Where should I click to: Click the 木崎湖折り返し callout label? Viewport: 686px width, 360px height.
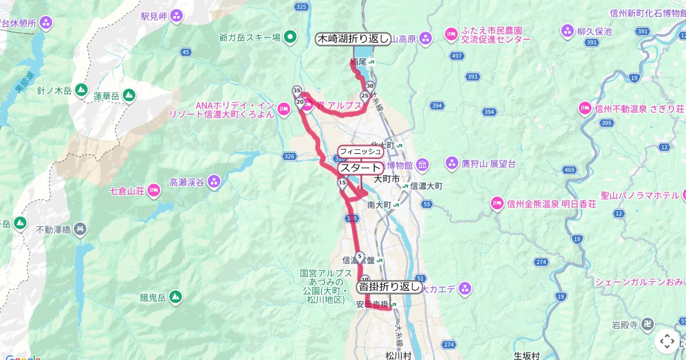point(353,39)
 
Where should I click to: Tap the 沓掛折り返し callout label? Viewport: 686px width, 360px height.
point(389,287)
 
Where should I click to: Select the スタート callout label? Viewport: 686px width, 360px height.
point(360,168)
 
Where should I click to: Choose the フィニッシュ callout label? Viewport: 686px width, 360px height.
point(360,151)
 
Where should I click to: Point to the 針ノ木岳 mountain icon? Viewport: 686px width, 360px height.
point(81,90)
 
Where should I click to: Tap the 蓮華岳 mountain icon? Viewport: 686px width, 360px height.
point(129,94)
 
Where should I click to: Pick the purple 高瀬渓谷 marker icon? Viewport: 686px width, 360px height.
point(214,182)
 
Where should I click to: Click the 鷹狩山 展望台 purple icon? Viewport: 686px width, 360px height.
point(452,163)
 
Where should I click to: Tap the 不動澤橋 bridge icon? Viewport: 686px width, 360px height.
point(81,230)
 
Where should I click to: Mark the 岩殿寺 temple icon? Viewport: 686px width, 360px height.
point(647,325)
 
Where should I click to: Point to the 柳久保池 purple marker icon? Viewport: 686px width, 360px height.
point(568,30)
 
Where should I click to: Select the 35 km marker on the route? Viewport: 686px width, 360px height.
point(297,91)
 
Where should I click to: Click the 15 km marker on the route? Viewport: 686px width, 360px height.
point(342,183)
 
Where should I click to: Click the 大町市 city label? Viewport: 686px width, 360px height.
point(387,179)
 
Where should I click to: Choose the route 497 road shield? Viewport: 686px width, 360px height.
point(457,55)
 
